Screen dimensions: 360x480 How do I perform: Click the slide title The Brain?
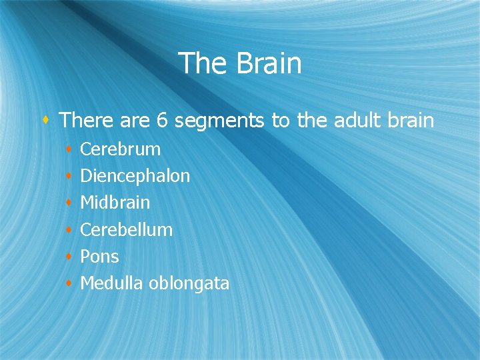[x=240, y=64]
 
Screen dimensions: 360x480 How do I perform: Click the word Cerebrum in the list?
[x=120, y=149]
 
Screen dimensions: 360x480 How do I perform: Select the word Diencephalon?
[x=135, y=176]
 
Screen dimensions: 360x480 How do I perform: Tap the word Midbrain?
[x=115, y=203]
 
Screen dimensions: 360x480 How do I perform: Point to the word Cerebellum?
[x=126, y=230]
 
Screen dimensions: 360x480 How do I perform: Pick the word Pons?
[x=99, y=257]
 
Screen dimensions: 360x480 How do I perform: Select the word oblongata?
[x=189, y=284]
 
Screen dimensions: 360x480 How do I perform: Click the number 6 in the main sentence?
[x=161, y=121]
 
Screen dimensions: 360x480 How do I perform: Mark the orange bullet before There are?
[x=45, y=121]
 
